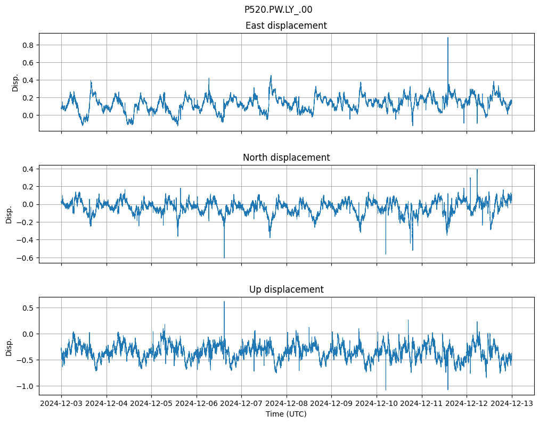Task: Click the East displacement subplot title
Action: pyautogui.click(x=286, y=26)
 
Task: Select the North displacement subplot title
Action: pyautogui.click(x=286, y=157)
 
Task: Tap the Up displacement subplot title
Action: pyautogui.click(x=286, y=289)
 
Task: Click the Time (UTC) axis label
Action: pyautogui.click(x=286, y=413)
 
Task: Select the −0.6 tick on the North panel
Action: pyautogui.click(x=24, y=258)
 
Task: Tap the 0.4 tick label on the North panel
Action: pyautogui.click(x=27, y=169)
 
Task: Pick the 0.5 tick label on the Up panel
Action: pyautogui.click(x=27, y=308)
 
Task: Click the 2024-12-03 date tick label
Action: pyautogui.click(x=61, y=404)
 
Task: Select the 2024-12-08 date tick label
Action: pyautogui.click(x=287, y=404)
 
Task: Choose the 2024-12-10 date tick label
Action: pyautogui.click(x=377, y=404)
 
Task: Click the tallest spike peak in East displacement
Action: pyautogui.click(x=447, y=38)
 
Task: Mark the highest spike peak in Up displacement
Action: pyautogui.click(x=224, y=302)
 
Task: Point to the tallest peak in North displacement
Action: pyautogui.click(x=477, y=170)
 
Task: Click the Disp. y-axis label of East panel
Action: pyautogui.click(x=15, y=82)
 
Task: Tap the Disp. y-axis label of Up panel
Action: pyautogui.click(x=9, y=346)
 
